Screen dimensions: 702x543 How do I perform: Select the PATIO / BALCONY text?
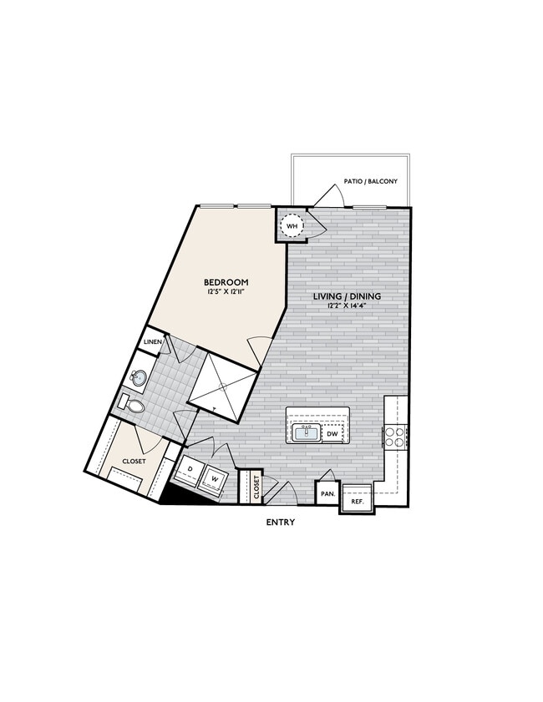pos(370,181)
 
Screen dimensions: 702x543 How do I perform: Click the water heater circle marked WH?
pos(292,226)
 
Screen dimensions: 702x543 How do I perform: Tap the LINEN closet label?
pos(153,342)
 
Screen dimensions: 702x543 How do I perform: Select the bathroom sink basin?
pos(139,380)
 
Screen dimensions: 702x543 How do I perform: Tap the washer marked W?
pos(214,479)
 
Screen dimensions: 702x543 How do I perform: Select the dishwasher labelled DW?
pos(332,433)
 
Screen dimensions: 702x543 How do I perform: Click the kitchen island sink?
pos(305,432)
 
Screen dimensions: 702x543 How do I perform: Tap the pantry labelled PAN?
pos(327,493)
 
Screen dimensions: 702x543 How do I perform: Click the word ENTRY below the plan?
pos(280,523)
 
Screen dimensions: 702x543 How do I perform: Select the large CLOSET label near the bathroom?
pos(134,461)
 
